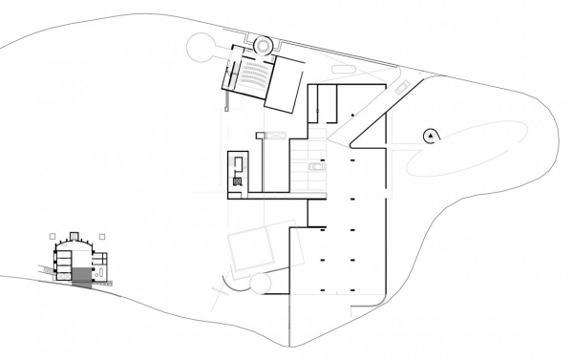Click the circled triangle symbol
[x=432, y=137]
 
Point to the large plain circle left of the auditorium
[x=203, y=45]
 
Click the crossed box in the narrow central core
[x=236, y=180]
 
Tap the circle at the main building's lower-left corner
[x=259, y=284]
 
